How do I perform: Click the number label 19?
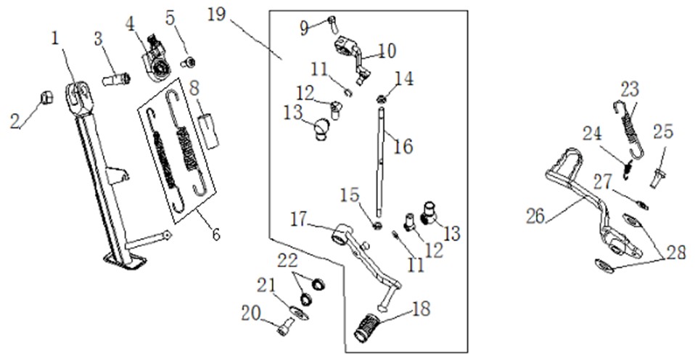point(217,15)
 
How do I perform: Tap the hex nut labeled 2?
point(46,97)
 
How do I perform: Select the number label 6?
point(216,234)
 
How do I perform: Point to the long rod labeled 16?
point(380,161)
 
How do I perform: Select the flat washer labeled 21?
point(298,312)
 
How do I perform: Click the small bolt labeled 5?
point(189,62)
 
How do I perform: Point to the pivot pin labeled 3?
point(116,80)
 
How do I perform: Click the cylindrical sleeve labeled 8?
point(209,131)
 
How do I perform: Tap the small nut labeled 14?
point(380,98)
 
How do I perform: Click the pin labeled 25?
point(659,178)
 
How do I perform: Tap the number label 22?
point(288,260)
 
